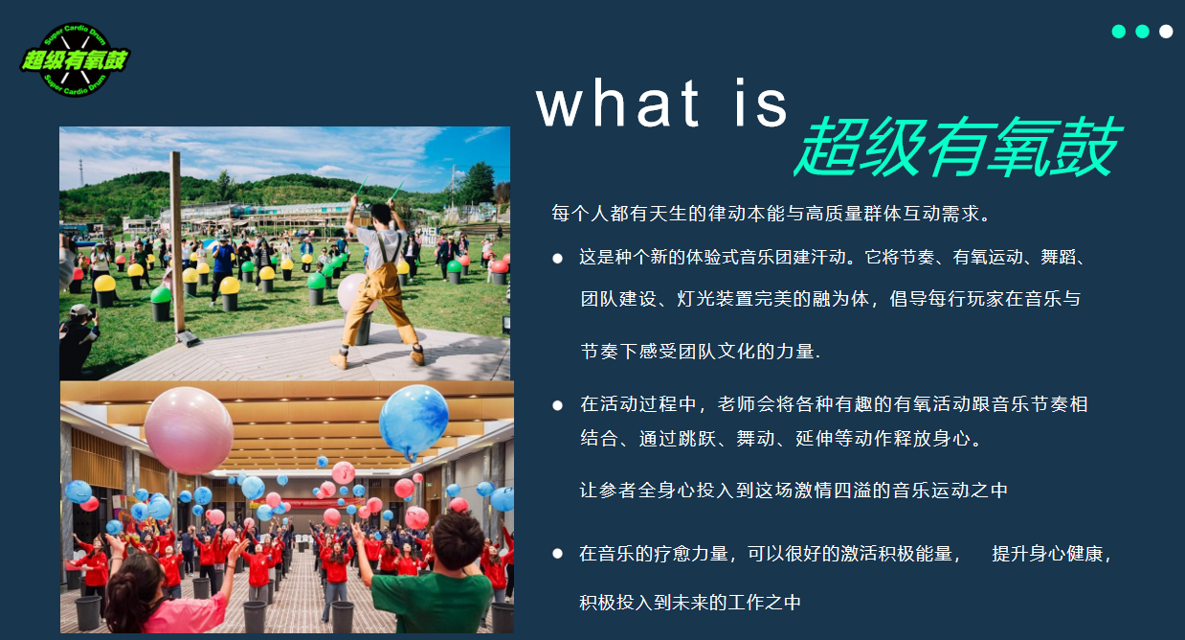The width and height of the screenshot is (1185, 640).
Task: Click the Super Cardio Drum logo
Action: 75,59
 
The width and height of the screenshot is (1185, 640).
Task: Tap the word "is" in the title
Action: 761,103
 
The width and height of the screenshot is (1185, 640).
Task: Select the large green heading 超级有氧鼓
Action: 958,147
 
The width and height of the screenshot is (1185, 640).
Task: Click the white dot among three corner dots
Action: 1166,32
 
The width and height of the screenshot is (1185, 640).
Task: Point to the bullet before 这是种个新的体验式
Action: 558,259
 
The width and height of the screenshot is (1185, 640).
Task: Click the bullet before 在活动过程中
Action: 558,405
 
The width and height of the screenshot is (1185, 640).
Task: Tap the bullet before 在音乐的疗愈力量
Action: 558,554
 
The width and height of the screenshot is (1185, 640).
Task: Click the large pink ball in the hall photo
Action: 189,430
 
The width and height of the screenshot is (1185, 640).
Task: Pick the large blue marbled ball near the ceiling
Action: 414,421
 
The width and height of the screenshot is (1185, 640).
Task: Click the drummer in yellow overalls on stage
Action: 380,281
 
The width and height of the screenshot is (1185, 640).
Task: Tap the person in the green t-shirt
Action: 434,577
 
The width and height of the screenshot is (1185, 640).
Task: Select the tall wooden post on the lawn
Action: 178,246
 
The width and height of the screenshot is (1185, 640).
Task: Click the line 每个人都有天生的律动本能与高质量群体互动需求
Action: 771,214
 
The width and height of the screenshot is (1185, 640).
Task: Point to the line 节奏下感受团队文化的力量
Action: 701,351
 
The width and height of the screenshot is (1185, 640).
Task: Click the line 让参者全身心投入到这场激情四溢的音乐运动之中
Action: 794,491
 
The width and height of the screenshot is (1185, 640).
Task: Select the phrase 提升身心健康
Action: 1047,554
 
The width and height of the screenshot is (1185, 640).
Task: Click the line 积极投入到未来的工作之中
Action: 690,603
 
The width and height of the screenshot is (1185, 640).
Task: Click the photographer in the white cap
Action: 79,339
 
